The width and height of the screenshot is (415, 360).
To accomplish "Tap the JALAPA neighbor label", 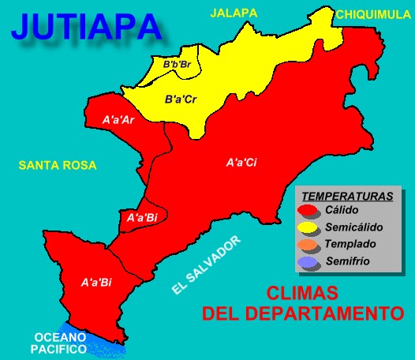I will (234, 13).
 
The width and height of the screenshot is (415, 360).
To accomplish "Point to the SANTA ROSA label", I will (58, 165).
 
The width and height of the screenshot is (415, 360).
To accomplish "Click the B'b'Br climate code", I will (178, 64).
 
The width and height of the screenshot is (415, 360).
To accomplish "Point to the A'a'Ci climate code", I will (241, 163).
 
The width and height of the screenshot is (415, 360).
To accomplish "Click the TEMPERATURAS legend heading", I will (348, 194).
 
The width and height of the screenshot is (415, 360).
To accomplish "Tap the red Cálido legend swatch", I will (308, 211).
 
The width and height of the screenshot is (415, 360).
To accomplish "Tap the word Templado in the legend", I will (350, 244).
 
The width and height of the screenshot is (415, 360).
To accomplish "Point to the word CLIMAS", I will (302, 293).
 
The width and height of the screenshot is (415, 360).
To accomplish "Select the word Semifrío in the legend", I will (349, 261).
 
